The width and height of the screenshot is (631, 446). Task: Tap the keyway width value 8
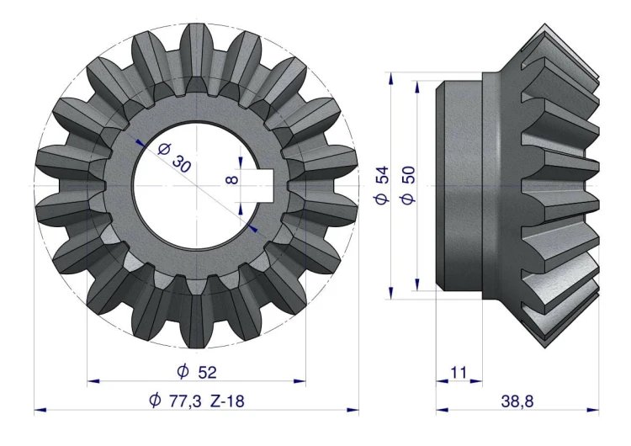(x=232, y=178)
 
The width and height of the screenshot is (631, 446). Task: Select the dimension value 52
(x=207, y=372)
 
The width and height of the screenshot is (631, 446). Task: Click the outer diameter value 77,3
(x=185, y=401)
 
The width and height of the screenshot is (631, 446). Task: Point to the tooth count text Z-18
(x=227, y=401)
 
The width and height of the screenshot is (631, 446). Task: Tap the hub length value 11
(x=459, y=372)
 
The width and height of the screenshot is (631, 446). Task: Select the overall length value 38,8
(x=517, y=401)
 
